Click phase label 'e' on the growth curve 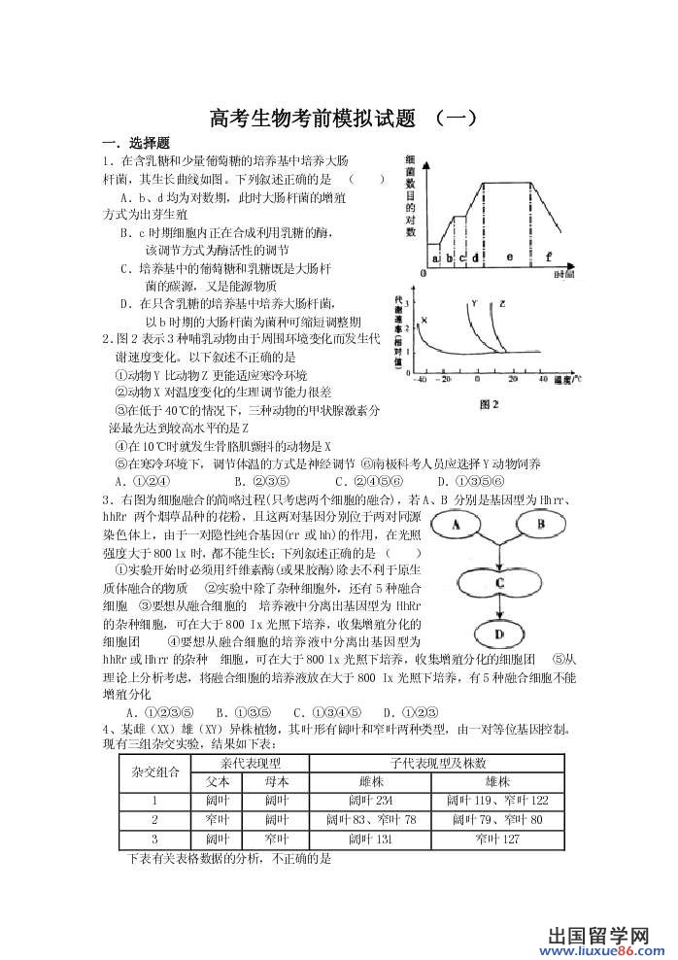coord(509,257)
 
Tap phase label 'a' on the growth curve coord(435,258)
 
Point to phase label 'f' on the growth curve coord(549,257)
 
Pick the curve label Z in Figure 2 coord(502,304)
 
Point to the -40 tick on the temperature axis coord(421,379)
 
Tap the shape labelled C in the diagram coord(499,582)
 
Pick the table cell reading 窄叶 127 coord(498,839)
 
